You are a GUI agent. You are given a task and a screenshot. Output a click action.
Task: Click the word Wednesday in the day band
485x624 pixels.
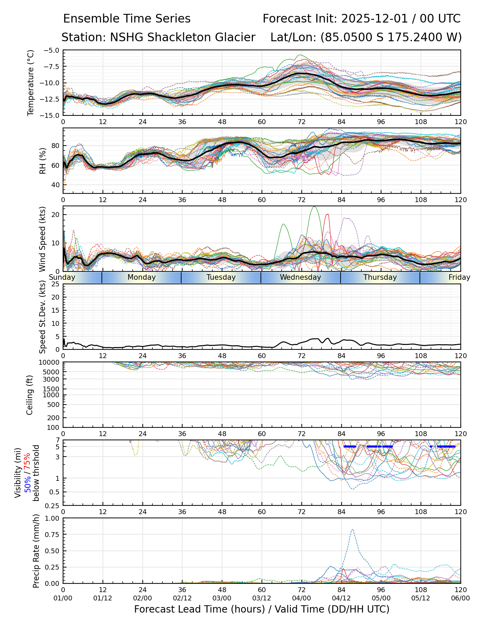pos(300,277)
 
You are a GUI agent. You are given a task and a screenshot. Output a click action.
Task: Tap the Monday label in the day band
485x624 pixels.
pos(141,277)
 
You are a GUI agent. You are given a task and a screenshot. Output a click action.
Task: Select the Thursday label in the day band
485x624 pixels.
pos(380,277)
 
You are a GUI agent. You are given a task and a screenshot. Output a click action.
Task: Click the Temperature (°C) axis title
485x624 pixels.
pos(31,83)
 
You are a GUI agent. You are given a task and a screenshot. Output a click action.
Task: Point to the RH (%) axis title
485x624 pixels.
pos(43,161)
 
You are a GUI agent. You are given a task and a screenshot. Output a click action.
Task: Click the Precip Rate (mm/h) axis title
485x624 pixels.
pos(36,551)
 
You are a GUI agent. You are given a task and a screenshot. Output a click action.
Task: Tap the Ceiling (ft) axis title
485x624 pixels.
pos(30,395)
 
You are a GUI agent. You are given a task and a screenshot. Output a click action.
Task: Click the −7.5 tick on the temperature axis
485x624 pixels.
pos(51,67)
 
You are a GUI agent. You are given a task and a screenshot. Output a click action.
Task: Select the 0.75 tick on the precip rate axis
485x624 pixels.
pos(52,535)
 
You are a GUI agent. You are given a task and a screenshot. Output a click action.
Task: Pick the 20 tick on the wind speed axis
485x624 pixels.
pos(55,215)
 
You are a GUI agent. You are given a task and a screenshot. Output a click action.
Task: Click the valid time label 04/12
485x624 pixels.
pos(341,598)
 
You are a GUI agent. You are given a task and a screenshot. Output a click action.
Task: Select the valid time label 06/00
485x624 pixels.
pos(460,598)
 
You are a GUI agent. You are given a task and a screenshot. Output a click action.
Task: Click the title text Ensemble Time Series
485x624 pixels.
pos(127,19)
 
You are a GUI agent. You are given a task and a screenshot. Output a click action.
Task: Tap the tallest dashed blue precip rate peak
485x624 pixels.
pos(352,529)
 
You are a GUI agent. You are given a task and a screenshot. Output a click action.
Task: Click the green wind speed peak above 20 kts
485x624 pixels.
pos(314,207)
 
